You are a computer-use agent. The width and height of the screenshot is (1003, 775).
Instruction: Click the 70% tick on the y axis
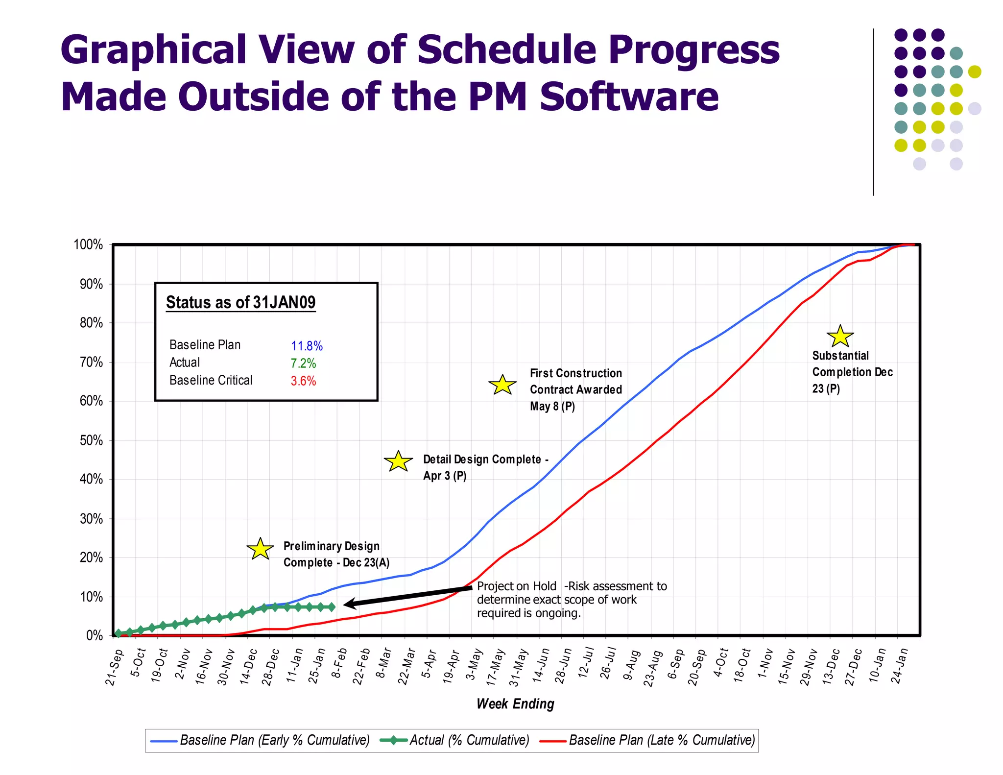91,363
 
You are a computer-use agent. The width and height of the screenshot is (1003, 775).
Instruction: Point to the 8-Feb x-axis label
339,663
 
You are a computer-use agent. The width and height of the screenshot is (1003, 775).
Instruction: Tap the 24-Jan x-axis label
899,666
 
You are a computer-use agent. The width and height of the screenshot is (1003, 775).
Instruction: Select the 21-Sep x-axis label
114,667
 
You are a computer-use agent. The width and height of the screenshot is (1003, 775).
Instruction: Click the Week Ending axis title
515,704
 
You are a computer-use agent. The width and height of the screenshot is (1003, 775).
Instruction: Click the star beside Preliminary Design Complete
260,549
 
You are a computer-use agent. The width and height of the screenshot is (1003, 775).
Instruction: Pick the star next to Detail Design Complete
398,461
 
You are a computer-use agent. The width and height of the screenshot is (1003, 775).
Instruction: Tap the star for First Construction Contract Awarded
502,385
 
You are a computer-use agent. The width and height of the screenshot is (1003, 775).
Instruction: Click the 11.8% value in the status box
307,346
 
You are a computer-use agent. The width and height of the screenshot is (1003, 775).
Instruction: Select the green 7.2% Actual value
303,363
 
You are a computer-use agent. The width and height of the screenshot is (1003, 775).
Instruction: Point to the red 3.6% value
303,381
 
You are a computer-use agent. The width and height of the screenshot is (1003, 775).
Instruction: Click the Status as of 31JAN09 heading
240,302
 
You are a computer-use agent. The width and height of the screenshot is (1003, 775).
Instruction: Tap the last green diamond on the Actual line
332,607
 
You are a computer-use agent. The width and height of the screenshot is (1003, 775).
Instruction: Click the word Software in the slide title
629,97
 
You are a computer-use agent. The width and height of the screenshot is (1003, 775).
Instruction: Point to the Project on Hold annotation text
571,600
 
